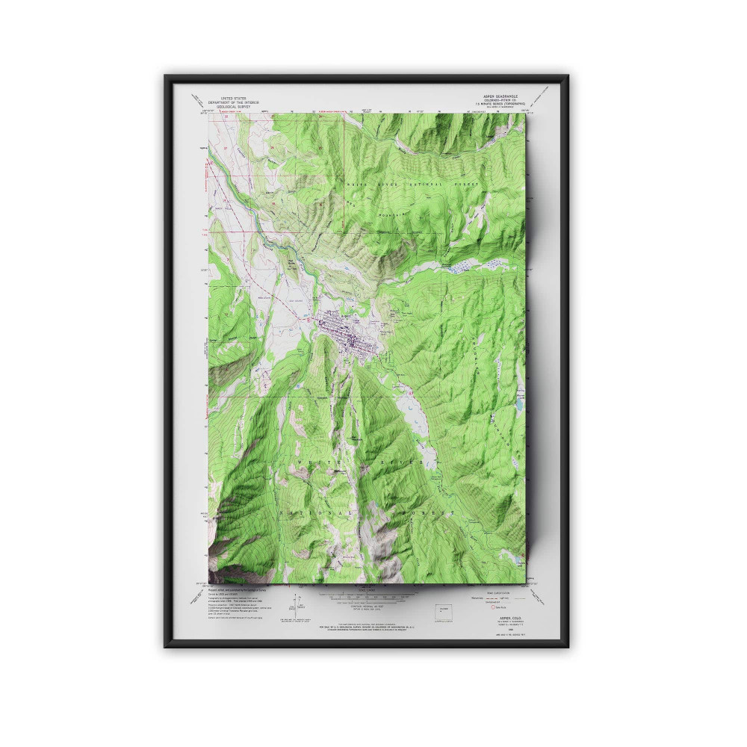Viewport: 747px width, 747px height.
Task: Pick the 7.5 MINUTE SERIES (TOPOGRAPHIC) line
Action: click(500, 105)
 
